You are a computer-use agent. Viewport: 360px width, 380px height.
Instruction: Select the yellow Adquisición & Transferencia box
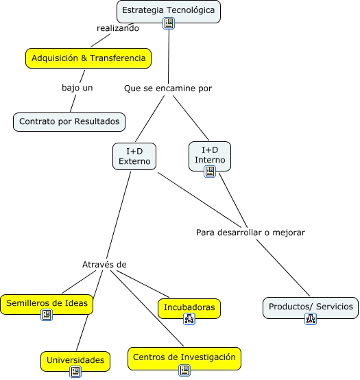coord(88,58)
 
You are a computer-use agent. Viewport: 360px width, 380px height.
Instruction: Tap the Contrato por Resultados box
coord(69,122)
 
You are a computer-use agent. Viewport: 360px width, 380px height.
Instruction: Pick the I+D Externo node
coord(134,156)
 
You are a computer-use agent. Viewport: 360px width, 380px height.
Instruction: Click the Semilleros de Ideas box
coord(47,305)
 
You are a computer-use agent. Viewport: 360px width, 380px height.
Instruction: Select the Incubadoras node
coord(189,308)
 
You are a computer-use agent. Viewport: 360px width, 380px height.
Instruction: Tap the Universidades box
coord(75,361)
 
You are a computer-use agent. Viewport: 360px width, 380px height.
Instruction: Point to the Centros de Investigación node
coord(184,359)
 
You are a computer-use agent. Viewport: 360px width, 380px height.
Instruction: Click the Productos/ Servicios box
coord(311,307)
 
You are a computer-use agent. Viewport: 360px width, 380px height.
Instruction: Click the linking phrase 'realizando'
coord(118,28)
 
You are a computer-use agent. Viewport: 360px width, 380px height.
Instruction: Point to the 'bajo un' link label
coord(77,88)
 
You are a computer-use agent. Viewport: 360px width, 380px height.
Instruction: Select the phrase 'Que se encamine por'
coord(168,88)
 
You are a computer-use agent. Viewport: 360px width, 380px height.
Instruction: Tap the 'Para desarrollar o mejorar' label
coord(250,233)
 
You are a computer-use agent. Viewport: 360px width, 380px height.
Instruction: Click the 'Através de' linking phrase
coord(104,264)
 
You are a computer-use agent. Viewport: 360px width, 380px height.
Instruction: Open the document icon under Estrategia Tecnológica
coord(169,23)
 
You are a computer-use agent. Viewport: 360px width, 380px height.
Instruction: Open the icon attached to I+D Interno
coord(210,171)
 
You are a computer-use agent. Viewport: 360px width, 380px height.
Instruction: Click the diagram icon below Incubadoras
coord(189,319)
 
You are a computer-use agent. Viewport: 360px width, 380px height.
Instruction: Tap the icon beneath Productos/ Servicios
coord(311,319)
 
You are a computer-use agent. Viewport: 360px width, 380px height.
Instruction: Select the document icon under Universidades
coord(75,372)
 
